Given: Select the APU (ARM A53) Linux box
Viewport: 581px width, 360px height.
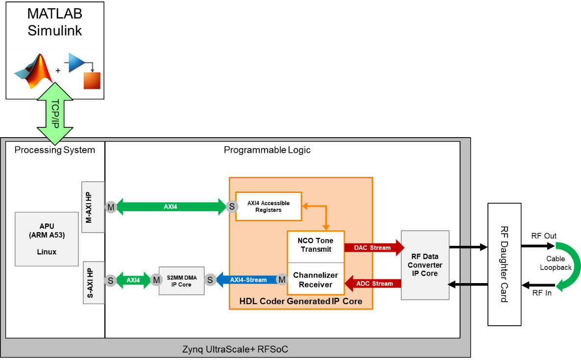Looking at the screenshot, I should coord(47,239).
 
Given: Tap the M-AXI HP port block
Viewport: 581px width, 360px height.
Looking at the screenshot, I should coord(93,206).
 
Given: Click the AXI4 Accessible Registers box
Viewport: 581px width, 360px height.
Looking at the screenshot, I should coord(268,207).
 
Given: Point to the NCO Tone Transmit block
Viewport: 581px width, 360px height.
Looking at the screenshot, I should coord(315,245).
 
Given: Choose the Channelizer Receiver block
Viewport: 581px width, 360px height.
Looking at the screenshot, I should coord(315,280).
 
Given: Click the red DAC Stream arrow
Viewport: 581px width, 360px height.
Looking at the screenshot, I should coord(373,248).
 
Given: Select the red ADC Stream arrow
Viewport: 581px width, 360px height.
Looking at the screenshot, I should coord(373,283).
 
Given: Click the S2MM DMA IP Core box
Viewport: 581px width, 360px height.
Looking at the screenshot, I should coord(181,281).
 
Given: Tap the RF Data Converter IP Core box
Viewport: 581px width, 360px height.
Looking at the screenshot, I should coord(425,265).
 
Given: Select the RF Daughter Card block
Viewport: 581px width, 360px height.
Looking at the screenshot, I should coord(503,264).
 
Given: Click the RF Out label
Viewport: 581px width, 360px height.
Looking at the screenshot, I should coord(544,236).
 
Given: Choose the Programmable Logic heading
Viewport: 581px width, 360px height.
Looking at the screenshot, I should coord(267,150).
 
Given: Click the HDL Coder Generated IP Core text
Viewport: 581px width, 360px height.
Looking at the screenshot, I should coord(301,301).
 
